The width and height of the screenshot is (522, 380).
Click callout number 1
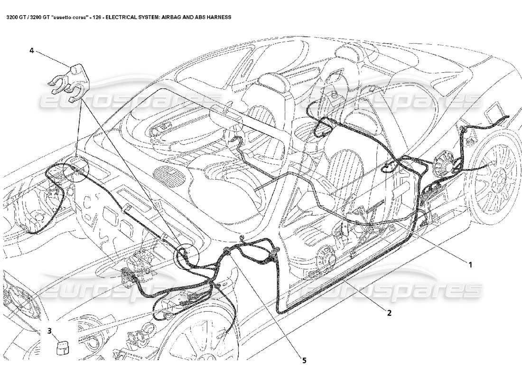(471, 265)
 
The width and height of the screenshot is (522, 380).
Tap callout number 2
(389, 313)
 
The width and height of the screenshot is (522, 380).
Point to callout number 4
(31, 50)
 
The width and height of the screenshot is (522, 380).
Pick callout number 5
(304, 361)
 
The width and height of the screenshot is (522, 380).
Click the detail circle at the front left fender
(76, 169)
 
